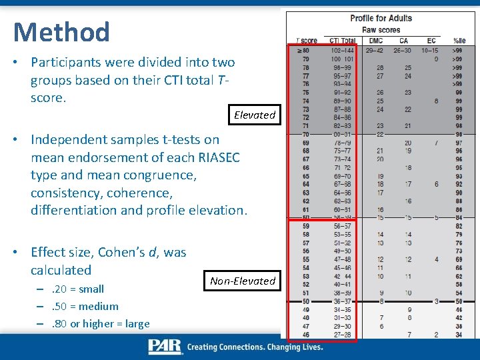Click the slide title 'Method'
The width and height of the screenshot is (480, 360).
(61, 32)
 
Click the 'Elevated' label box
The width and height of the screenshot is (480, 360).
(254, 115)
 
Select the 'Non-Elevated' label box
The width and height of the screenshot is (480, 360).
(242, 281)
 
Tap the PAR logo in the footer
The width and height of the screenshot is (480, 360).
(165, 347)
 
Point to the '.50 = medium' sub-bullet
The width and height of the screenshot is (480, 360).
(85, 307)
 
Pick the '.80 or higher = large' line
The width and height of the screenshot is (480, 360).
(100, 324)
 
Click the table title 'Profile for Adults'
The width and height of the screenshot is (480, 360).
(381, 18)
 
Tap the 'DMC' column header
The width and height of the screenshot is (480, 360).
(375, 41)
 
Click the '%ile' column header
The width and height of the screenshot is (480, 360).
(459, 41)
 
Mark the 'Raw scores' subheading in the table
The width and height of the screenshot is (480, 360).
(381, 29)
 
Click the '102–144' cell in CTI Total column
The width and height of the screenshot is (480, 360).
(343, 50)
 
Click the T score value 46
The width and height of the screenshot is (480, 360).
(306, 335)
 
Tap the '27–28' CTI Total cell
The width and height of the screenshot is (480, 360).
(343, 335)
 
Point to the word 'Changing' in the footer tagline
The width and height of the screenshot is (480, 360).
(273, 347)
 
